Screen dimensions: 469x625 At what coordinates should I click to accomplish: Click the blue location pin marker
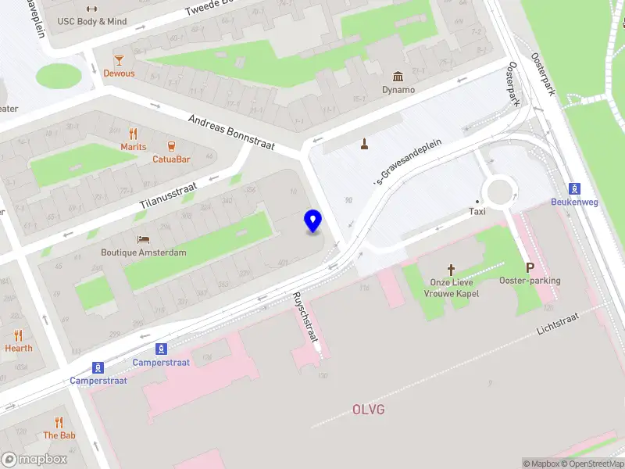(x=313, y=220)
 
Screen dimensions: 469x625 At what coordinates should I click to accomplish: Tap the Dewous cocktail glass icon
(x=119, y=59)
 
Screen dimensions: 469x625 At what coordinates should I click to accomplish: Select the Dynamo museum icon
(x=398, y=76)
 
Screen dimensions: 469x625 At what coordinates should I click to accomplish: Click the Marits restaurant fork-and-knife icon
(x=134, y=133)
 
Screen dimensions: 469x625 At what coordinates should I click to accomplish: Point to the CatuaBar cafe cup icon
(x=171, y=145)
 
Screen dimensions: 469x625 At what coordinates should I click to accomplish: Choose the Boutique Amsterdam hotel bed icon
(x=144, y=238)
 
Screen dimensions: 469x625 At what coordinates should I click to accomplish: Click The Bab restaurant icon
(x=59, y=422)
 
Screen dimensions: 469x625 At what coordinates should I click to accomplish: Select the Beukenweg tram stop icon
(x=575, y=188)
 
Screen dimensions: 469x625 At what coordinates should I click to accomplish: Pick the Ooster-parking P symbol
(x=530, y=267)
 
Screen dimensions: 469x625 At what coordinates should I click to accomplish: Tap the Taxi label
(x=477, y=211)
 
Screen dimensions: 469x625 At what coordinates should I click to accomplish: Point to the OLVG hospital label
(x=368, y=410)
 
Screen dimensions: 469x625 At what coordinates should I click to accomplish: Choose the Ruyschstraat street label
(x=305, y=317)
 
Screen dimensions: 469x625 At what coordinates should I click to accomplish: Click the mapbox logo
(x=35, y=460)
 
